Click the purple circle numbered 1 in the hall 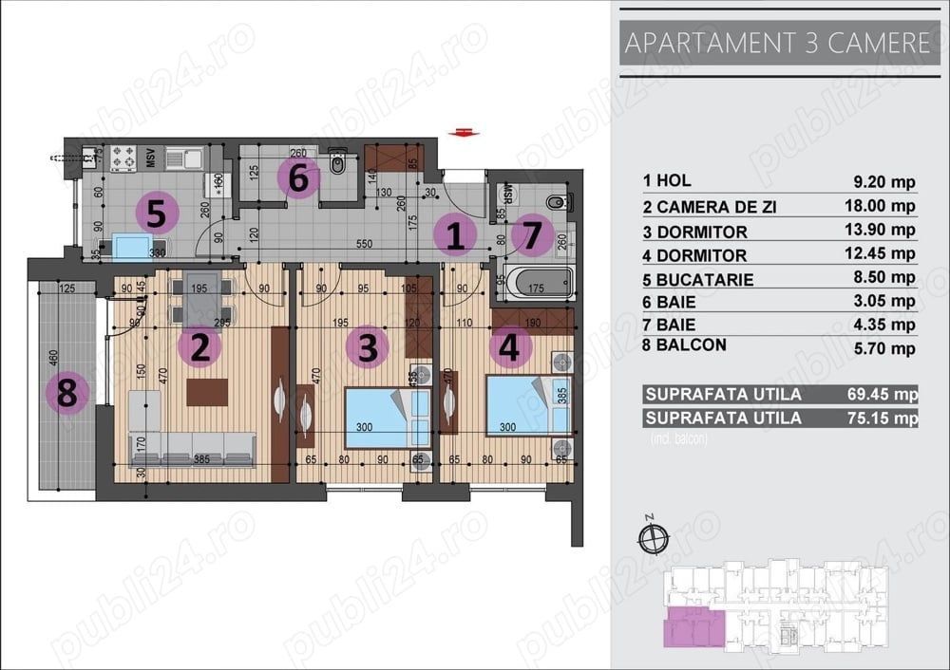455,235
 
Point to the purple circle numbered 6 297,177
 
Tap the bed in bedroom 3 377,416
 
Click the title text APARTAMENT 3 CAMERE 774,43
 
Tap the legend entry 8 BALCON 684,345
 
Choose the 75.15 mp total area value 885,418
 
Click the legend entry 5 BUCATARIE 698,280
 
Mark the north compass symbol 652,537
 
